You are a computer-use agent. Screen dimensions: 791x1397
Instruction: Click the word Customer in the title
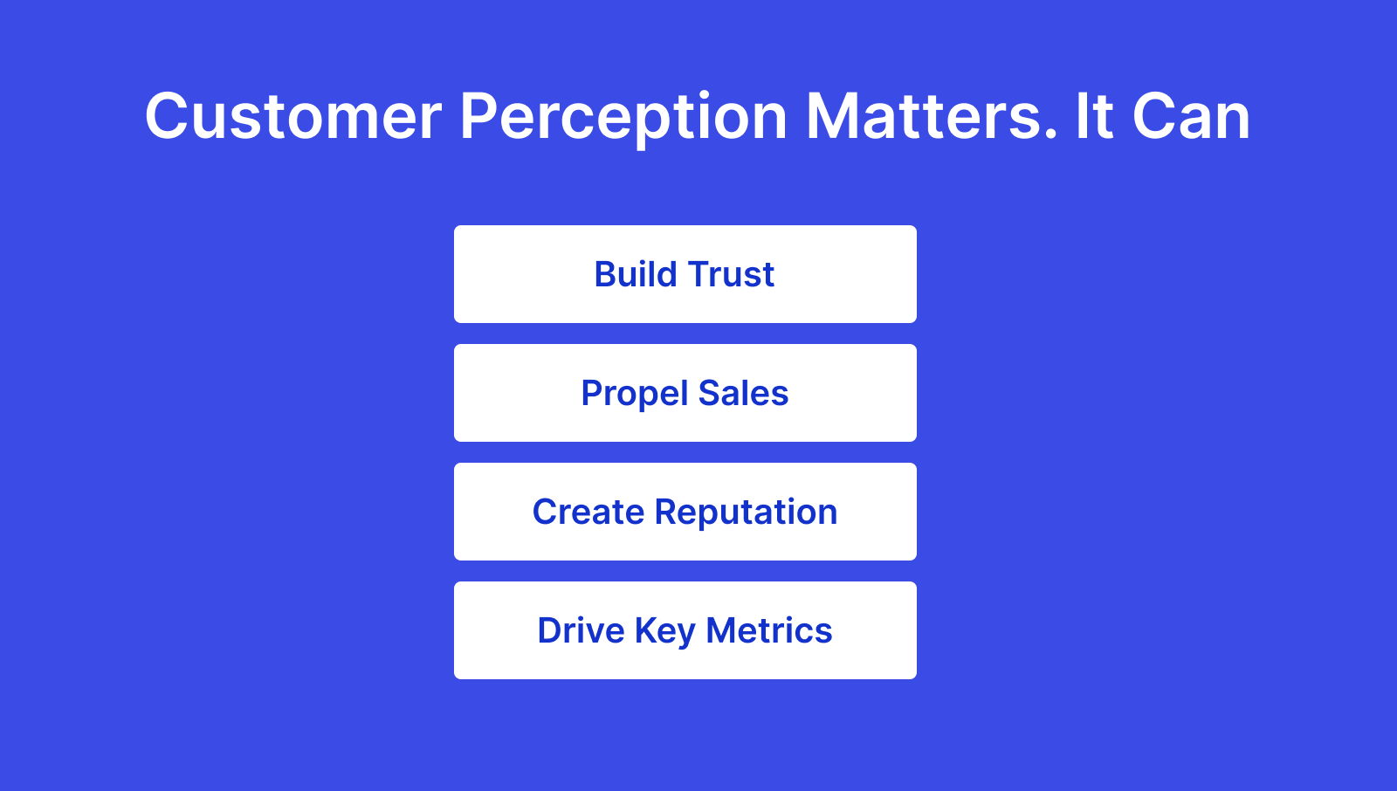[293, 116]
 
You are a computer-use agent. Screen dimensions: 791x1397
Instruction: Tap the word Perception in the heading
[623, 116]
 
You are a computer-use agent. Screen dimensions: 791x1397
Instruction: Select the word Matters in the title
[924, 116]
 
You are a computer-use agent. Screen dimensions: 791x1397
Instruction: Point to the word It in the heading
[1093, 116]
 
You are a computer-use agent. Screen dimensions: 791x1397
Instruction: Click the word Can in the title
[1191, 116]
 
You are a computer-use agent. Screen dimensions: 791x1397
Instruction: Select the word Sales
[743, 393]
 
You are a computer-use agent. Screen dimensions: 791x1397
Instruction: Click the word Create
[588, 512]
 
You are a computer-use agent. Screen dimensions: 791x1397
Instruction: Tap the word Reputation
[746, 512]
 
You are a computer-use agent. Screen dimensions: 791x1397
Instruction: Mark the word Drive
[580, 630]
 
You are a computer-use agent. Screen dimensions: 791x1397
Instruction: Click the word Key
[664, 630]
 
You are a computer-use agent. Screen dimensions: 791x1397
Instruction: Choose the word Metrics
[768, 630]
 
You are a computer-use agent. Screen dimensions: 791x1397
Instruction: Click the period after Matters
[1051, 135]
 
